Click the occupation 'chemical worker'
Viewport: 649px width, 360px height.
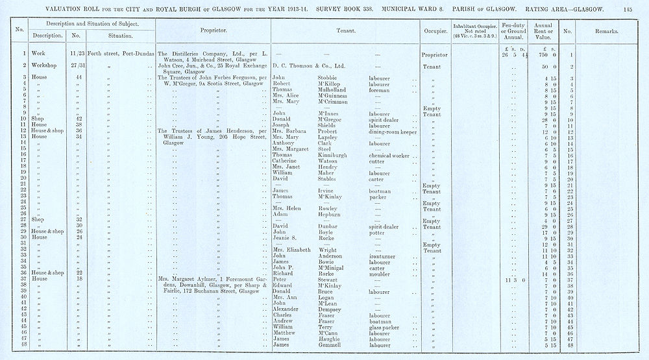(389, 155)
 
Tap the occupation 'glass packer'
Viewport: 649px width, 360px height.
(386, 328)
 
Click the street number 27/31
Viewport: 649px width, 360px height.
(77, 66)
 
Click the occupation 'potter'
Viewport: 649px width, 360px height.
(378, 232)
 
